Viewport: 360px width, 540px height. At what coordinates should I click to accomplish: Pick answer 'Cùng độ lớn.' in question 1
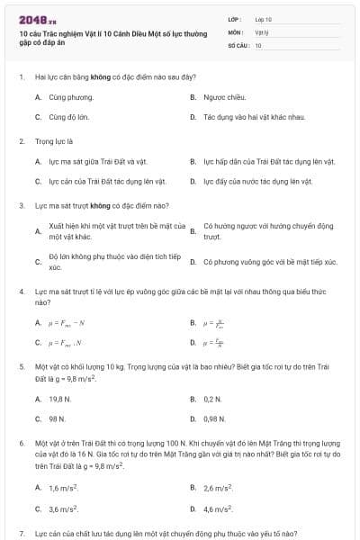click(x=69, y=117)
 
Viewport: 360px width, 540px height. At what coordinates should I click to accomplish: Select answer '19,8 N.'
click(x=60, y=398)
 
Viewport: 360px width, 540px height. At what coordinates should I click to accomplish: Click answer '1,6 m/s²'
click(x=63, y=487)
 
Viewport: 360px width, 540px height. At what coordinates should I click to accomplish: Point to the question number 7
click(x=22, y=534)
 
